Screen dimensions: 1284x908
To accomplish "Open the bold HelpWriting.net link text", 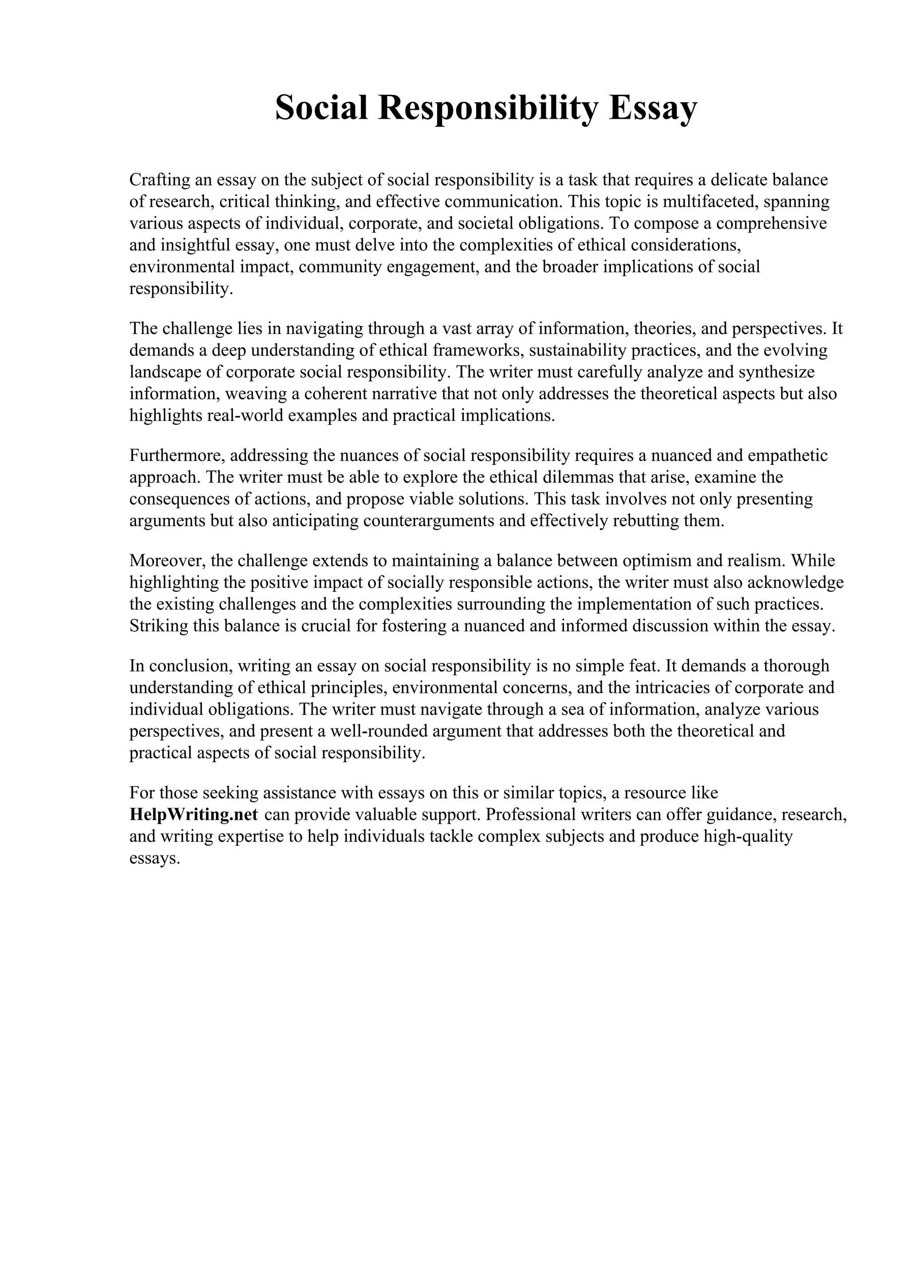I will (x=194, y=814).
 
